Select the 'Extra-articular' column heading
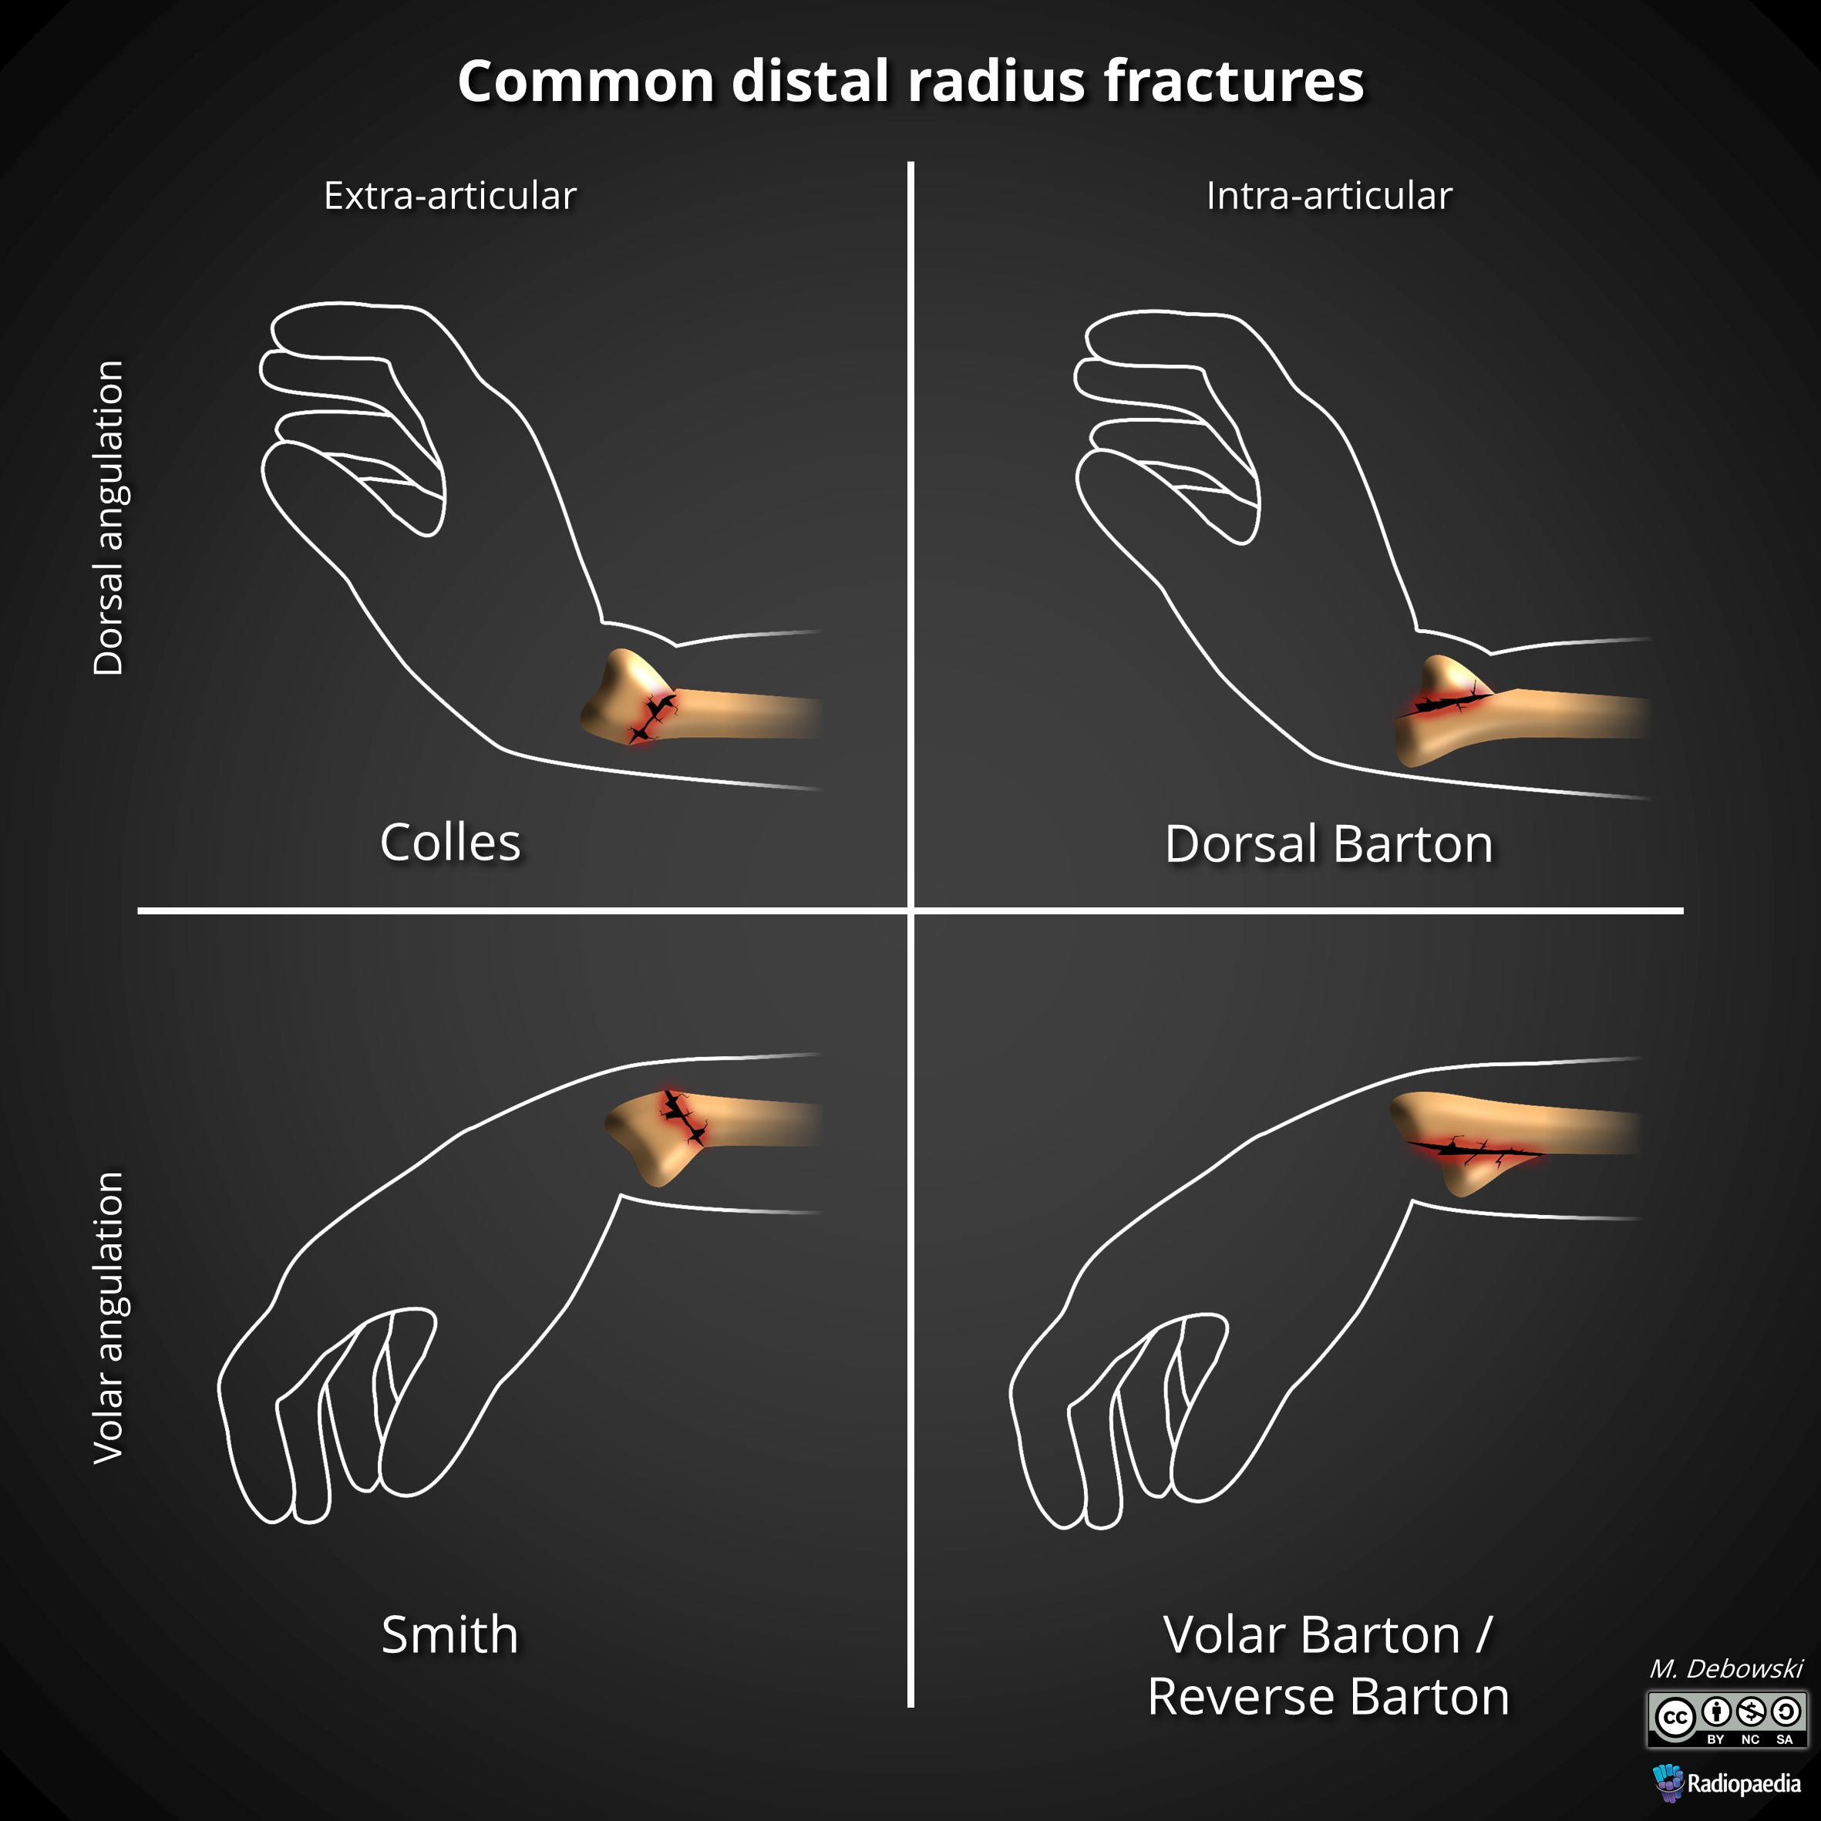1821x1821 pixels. tap(449, 196)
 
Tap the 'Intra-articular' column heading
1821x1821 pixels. tap(1329, 196)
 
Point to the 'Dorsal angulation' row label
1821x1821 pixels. tap(109, 517)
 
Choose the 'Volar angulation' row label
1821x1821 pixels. tap(109, 1318)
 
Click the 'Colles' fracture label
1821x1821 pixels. tap(449, 843)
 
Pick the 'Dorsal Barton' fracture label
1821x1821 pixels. tap(1329, 844)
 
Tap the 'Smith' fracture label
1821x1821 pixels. tap(449, 1634)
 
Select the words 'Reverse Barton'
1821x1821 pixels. tap(1329, 1698)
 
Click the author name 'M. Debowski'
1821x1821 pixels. tap(1726, 1669)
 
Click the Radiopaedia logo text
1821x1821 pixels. tap(1744, 1783)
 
